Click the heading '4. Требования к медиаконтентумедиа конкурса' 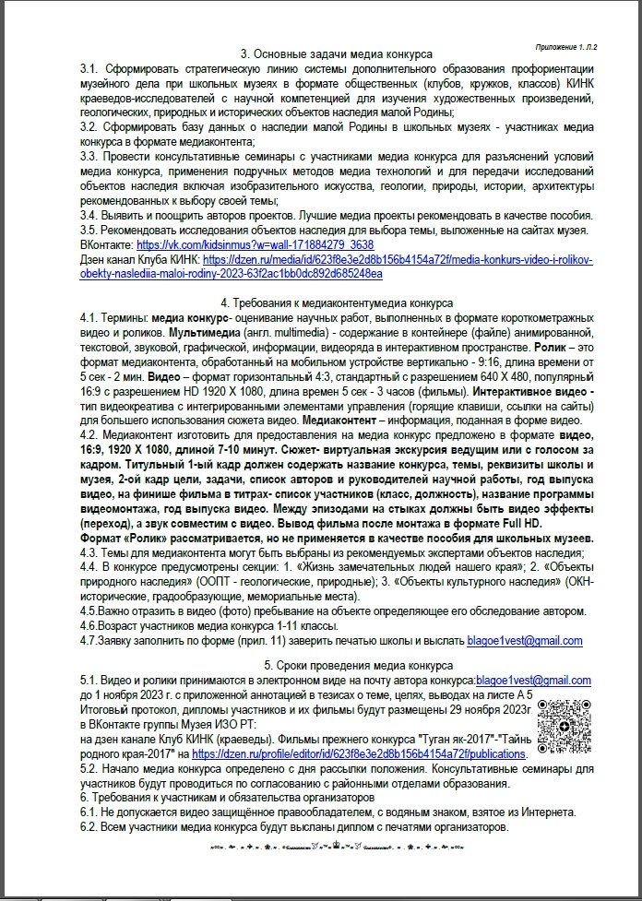(x=337, y=302)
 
